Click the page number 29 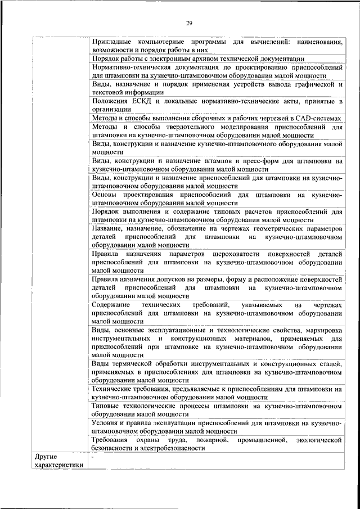[190, 22]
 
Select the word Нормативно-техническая [129, 67]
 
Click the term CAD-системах [320, 119]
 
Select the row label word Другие [46, 456]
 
